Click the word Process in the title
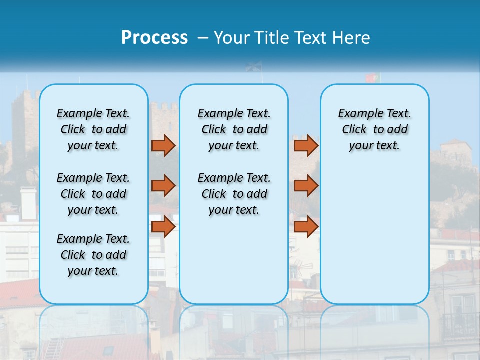(x=154, y=37)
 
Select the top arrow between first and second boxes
(x=163, y=145)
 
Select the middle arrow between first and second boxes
(x=163, y=186)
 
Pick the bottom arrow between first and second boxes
(x=163, y=227)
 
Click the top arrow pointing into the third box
(x=306, y=145)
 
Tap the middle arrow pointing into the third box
(x=306, y=186)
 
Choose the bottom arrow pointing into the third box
(x=306, y=227)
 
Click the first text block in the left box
(x=93, y=129)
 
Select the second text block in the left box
(x=93, y=194)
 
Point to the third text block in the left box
(x=93, y=255)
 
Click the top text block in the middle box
(x=234, y=129)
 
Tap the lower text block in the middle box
(x=234, y=194)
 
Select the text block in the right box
(x=374, y=129)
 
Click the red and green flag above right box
(x=372, y=78)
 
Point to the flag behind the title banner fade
(x=254, y=67)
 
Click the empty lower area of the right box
(x=374, y=240)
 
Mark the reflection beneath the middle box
(x=234, y=330)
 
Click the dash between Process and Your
(x=202, y=38)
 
